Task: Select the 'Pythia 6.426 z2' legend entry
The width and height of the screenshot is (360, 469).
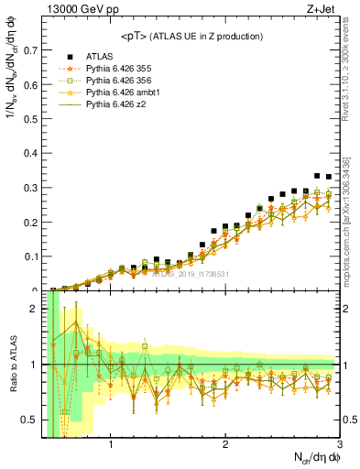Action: [117, 107]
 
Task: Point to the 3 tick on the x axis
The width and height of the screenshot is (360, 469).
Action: [339, 444]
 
